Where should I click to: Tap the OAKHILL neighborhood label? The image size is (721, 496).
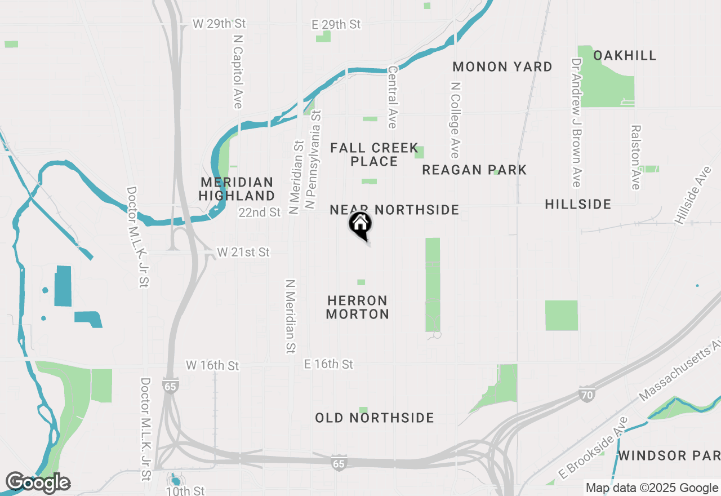(x=625, y=55)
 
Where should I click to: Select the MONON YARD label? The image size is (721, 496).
(x=502, y=67)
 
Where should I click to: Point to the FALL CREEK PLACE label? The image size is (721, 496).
(x=374, y=154)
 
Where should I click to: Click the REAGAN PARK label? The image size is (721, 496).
(x=474, y=170)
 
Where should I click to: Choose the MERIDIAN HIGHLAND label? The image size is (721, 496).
(x=237, y=189)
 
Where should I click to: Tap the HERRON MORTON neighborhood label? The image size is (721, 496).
(x=358, y=307)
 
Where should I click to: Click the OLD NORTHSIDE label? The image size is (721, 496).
(x=375, y=418)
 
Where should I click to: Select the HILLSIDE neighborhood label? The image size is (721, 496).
(x=578, y=204)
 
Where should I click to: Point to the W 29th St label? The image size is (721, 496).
(x=219, y=24)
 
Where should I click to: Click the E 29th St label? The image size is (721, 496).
(x=336, y=24)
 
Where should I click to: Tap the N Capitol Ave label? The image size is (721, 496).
(x=238, y=69)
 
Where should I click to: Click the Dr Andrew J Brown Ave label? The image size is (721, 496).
(x=576, y=122)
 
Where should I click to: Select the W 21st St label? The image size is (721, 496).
(x=243, y=252)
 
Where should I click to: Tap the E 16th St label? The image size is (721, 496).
(x=328, y=364)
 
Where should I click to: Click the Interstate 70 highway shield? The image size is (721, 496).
(x=587, y=395)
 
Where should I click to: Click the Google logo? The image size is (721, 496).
(x=38, y=482)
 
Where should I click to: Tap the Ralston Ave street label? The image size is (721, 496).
(x=636, y=157)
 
